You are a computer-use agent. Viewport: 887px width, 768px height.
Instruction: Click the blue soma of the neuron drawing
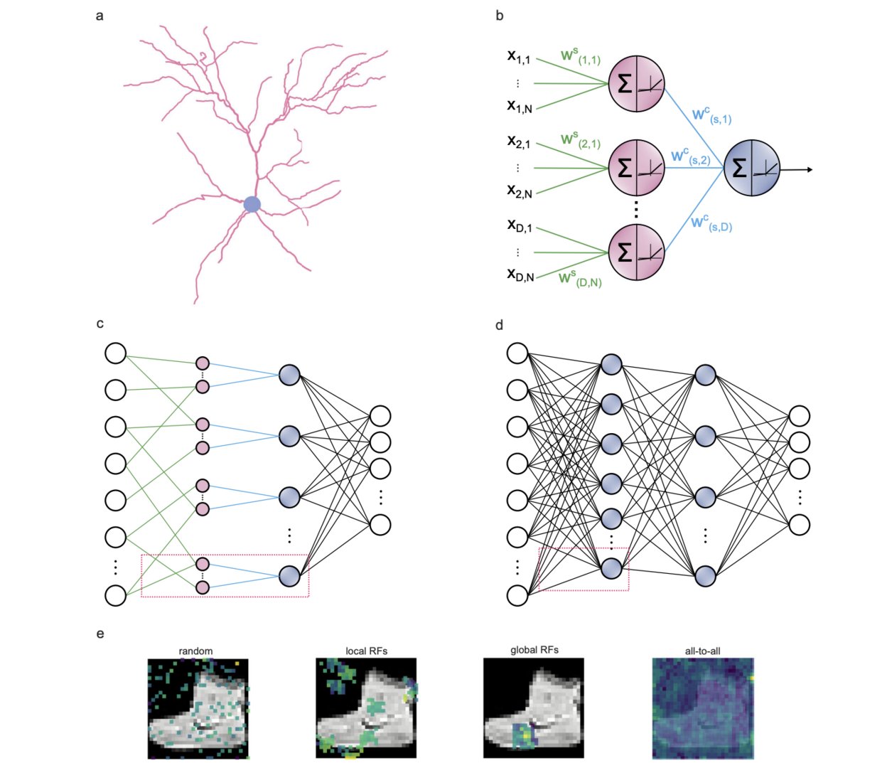click(252, 205)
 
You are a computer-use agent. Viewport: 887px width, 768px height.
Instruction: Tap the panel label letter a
click(100, 15)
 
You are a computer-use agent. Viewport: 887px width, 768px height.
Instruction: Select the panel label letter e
click(100, 633)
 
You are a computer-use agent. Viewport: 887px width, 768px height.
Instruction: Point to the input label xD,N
click(520, 274)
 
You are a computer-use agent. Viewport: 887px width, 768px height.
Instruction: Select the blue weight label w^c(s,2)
click(690, 156)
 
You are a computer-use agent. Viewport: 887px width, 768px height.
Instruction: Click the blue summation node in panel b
click(752, 169)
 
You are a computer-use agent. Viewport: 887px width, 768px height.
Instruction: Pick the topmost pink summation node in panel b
click(636, 83)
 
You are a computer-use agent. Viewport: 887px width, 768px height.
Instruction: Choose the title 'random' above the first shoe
click(195, 651)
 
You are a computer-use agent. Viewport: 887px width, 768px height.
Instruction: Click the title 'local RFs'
click(366, 651)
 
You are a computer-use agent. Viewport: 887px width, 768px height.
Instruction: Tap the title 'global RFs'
click(534, 650)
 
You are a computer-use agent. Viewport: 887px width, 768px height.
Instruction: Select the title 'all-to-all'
click(702, 651)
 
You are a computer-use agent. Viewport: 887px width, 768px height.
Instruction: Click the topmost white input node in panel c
click(115, 353)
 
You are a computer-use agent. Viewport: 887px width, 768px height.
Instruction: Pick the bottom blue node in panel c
click(289, 575)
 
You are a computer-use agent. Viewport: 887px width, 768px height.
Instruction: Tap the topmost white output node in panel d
click(800, 416)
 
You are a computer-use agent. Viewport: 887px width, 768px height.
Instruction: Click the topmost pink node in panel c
click(203, 363)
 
